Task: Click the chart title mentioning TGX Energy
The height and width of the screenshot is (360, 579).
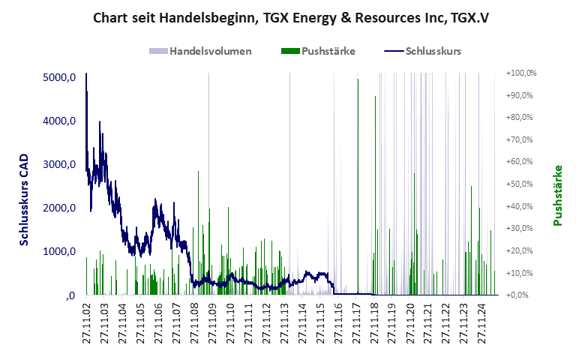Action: point(289,17)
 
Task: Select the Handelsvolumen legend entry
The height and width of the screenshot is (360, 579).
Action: point(200,52)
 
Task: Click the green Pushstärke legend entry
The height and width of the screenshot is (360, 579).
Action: point(318,52)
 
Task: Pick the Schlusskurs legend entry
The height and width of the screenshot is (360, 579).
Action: point(421,52)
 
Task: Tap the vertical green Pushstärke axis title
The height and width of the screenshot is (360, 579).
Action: point(558,195)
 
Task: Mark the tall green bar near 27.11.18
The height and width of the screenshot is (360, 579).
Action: point(375,195)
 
